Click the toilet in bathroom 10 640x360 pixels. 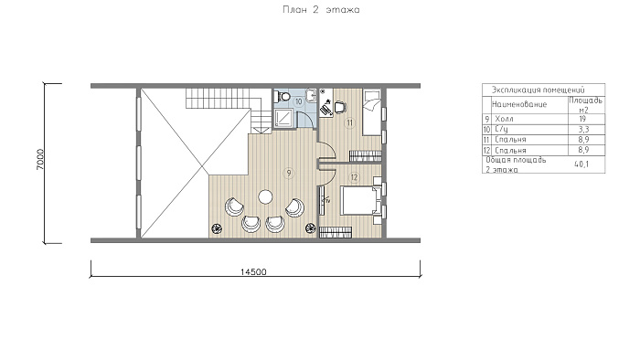(282, 96)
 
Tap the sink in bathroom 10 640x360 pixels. (312, 96)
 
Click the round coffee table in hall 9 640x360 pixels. (265, 197)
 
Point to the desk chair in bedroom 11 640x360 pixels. (340, 107)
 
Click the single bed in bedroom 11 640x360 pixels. (372, 112)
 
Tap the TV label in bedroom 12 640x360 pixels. (326, 200)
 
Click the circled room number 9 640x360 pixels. (289, 174)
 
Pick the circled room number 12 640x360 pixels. (354, 177)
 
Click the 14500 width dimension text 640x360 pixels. (253, 272)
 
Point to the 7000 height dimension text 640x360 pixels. (40, 159)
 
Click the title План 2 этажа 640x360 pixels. (321, 10)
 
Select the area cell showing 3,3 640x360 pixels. (582, 129)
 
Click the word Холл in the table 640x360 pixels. (504, 119)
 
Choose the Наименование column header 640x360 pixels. (519, 104)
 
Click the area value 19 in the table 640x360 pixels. (582, 119)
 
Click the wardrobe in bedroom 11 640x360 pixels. (365, 156)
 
